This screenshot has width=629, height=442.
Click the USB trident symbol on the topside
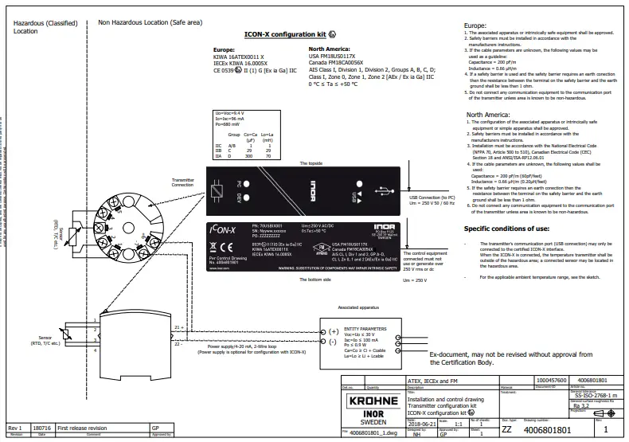coord(384,192)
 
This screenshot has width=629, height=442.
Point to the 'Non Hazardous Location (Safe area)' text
coord(145,24)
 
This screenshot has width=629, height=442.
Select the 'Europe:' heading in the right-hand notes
coord(475,25)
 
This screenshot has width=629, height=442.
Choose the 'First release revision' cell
coord(87,427)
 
